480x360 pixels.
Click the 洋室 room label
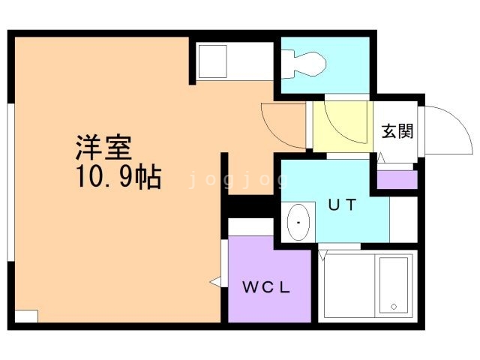(103, 147)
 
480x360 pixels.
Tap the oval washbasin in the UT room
(298, 223)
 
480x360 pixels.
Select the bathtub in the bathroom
(394, 286)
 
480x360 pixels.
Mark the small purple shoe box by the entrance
(397, 179)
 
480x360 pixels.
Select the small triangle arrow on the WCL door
(214, 282)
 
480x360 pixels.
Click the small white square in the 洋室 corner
(26, 316)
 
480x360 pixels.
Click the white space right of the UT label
(403, 220)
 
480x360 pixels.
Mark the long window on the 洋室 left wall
(10, 184)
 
